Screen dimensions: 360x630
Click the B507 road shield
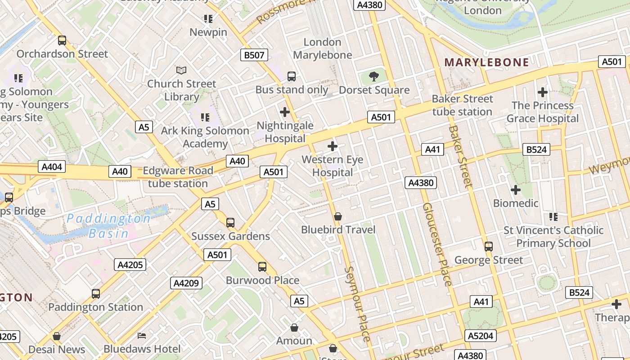(x=254, y=55)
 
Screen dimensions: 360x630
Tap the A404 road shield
(x=52, y=167)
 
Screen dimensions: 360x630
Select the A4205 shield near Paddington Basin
(x=130, y=265)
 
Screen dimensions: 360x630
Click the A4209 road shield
(x=186, y=283)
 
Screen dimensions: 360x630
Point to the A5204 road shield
(x=481, y=336)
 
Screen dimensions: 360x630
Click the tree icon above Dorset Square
(x=373, y=76)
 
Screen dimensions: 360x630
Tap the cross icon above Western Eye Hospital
(x=333, y=146)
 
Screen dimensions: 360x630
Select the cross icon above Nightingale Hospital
(x=285, y=112)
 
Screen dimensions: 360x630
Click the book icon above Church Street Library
(x=181, y=70)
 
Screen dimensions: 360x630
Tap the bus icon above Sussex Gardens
(x=230, y=222)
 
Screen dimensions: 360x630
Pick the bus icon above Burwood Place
(x=262, y=267)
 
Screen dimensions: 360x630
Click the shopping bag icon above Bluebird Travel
(x=338, y=216)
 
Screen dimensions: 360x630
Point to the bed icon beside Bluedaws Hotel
(x=142, y=336)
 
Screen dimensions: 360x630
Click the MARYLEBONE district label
(x=486, y=62)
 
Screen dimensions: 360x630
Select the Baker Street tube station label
(x=463, y=105)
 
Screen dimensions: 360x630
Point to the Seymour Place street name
(x=358, y=304)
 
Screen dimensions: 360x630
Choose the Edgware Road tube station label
(x=178, y=177)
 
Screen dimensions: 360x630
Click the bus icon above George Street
(x=489, y=247)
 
